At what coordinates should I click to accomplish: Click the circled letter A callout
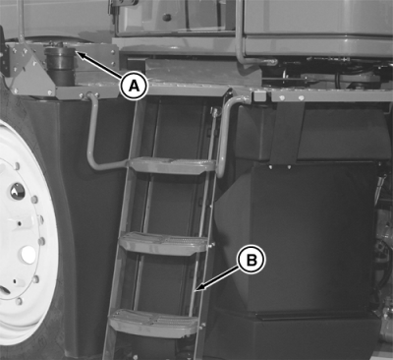point(134,86)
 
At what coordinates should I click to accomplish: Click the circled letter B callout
point(252,260)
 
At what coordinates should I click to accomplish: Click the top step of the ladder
point(171,165)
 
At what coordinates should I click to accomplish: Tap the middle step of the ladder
point(163,243)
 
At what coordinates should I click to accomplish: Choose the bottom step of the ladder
point(153,322)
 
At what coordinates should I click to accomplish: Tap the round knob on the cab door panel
point(167,18)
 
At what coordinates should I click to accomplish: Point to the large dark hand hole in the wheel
point(17,192)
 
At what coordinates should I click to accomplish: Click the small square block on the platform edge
point(259,95)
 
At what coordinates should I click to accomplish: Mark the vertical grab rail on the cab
point(239,32)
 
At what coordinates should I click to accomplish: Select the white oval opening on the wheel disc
point(28,255)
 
